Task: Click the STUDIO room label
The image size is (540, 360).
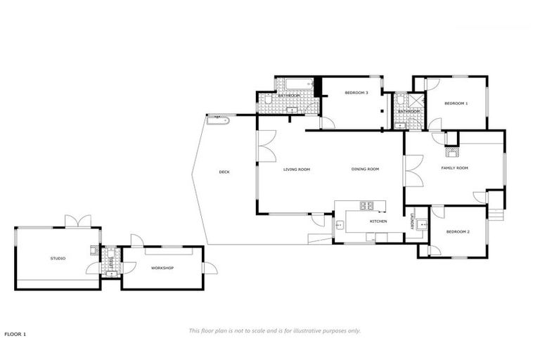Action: click(58, 259)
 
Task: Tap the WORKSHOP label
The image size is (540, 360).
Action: click(162, 268)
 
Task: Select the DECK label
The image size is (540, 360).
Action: click(224, 172)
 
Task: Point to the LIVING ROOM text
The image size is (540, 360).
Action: click(297, 169)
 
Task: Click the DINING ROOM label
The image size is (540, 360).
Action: click(366, 169)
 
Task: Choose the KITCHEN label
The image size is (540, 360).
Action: click(378, 221)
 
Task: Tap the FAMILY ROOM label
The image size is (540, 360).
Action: click(454, 168)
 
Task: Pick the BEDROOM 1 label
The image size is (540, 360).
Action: click(456, 103)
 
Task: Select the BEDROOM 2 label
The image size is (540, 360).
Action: click(458, 232)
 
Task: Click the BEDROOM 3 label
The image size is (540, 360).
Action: click(356, 93)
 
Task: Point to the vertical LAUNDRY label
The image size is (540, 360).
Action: click(411, 221)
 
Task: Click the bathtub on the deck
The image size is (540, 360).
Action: click(217, 120)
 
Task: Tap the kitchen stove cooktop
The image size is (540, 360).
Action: click(368, 206)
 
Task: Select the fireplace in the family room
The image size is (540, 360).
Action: click(451, 150)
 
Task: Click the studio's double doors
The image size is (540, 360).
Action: click(78, 221)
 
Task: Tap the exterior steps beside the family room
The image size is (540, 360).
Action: click(496, 211)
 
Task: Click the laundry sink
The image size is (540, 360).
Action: click(421, 225)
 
